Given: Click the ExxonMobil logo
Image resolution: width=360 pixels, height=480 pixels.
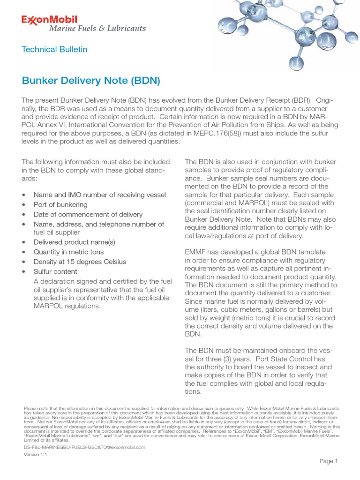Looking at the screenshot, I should point(49,20).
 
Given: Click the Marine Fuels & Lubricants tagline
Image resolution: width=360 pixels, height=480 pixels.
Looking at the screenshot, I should point(97,29).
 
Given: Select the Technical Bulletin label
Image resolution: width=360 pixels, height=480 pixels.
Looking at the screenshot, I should point(54,49).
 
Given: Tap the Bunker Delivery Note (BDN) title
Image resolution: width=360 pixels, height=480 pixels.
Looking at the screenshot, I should point(91,81).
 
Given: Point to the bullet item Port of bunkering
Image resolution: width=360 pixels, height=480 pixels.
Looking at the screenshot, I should point(60,205).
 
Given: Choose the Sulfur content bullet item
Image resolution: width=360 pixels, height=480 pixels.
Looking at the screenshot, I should point(55,271).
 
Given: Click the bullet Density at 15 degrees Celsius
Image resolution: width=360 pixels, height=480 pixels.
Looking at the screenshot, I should point(80,262).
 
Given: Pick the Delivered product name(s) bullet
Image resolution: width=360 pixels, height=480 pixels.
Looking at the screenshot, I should point(74,242).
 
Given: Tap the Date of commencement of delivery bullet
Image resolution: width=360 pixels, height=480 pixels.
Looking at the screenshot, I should point(88,214).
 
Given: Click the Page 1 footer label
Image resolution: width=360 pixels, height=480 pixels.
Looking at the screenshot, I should point(329,461).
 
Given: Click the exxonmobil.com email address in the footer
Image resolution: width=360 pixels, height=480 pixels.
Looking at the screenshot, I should point(84,447).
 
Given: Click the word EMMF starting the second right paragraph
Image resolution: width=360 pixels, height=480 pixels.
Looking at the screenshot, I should point(196,251).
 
